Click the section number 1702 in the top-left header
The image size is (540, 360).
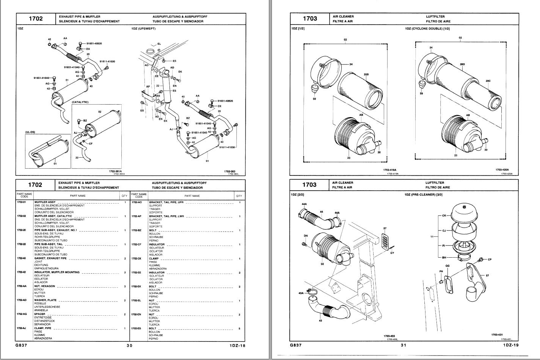point(36,19)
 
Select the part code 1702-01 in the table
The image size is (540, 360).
point(21,202)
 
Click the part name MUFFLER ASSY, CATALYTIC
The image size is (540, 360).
point(53,216)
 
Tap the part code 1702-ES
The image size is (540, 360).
point(137,329)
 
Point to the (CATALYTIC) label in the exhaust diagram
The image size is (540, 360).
point(80,102)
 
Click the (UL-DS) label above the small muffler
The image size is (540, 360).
point(30,132)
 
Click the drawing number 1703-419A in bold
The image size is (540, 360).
point(392,170)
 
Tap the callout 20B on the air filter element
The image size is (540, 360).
point(366,75)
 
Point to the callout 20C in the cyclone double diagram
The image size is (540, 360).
point(488,81)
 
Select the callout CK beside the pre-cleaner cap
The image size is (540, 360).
point(444,216)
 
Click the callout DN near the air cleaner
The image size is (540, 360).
point(306,236)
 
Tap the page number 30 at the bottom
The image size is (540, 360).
point(130,345)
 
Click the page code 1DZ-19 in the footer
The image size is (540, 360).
point(511,345)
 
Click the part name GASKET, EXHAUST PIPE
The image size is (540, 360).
point(50,258)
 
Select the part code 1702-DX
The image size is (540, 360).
point(137,258)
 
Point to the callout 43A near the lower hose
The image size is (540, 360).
point(301,293)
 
